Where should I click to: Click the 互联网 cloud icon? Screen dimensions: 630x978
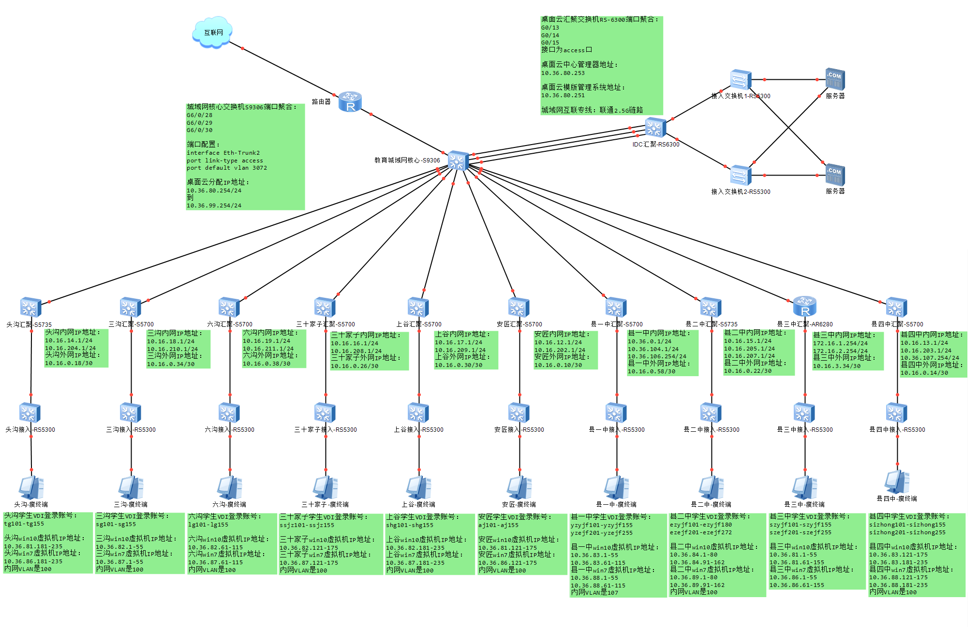coord(212,32)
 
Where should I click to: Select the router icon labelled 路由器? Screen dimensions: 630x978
coord(350,102)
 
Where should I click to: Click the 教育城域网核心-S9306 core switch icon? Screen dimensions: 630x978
coord(458,161)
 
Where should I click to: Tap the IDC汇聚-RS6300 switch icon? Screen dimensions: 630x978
coord(655,128)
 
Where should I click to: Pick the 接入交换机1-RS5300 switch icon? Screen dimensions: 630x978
coord(741,80)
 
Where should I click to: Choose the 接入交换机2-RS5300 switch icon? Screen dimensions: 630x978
coord(741,175)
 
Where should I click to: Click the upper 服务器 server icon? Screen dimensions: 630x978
coord(835,79)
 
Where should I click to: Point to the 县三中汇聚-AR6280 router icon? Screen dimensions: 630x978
coord(805,307)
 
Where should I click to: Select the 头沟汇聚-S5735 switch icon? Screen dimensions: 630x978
coord(30,308)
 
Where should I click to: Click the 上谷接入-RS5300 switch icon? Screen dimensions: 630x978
coord(418,413)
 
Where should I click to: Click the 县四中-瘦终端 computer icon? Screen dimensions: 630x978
coord(897,482)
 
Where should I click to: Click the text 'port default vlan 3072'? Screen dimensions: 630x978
coord(226,168)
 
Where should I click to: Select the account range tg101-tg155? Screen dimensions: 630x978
coord(24,524)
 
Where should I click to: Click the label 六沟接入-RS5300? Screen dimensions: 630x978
coord(229,429)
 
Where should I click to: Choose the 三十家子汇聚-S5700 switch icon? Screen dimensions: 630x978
coord(325,308)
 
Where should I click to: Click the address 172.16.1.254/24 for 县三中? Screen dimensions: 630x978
coord(840,343)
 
